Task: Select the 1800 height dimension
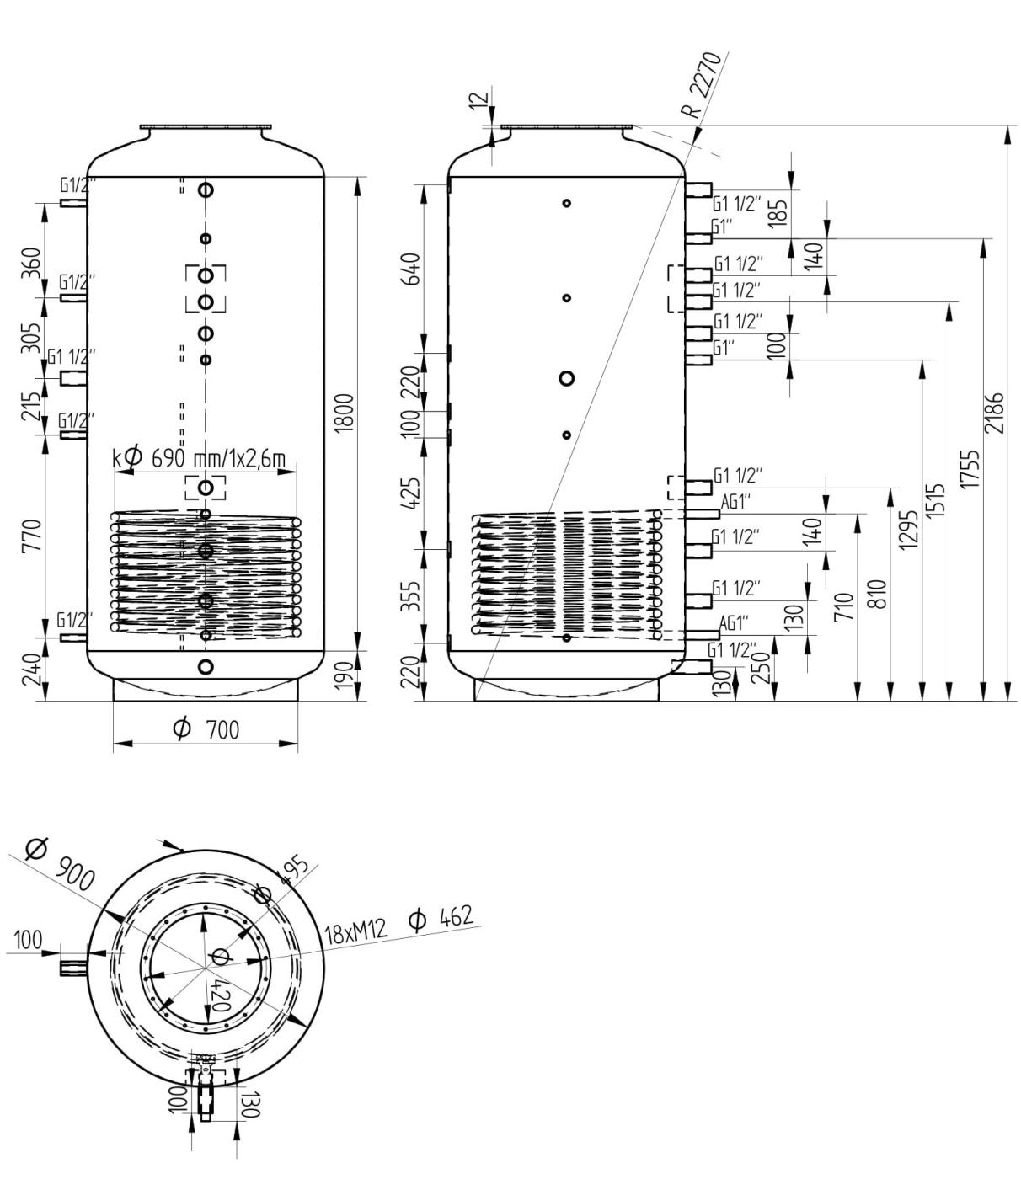(346, 413)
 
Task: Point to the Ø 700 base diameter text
(206, 729)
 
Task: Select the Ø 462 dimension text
(441, 917)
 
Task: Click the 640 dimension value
(411, 269)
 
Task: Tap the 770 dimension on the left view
(32, 536)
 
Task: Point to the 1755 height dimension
(970, 469)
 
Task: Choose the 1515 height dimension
(936, 501)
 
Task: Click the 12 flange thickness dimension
(482, 102)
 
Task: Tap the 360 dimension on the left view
(32, 263)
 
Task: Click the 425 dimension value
(411, 493)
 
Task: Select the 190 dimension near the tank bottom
(345, 675)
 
